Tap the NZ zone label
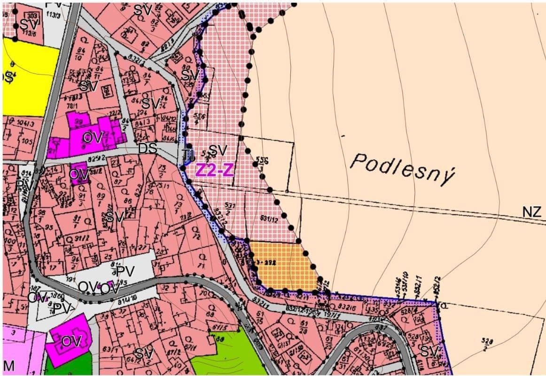[531, 212]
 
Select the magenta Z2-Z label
[214, 171]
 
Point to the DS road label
[147, 148]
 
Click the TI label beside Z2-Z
[188, 155]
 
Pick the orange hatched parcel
[282, 266]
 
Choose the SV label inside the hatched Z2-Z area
[218, 150]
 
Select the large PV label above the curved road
[125, 271]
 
